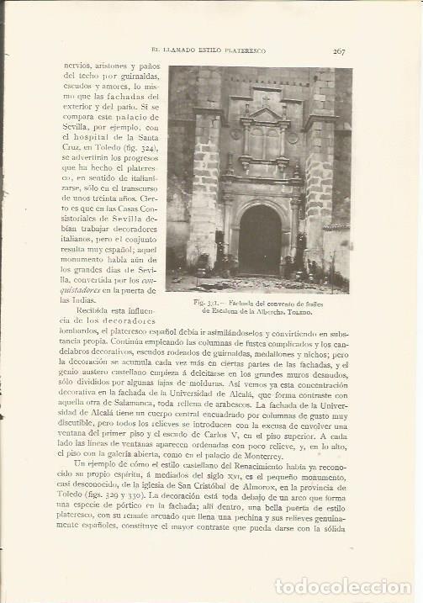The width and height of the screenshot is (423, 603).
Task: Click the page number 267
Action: pyautogui.click(x=338, y=51)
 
